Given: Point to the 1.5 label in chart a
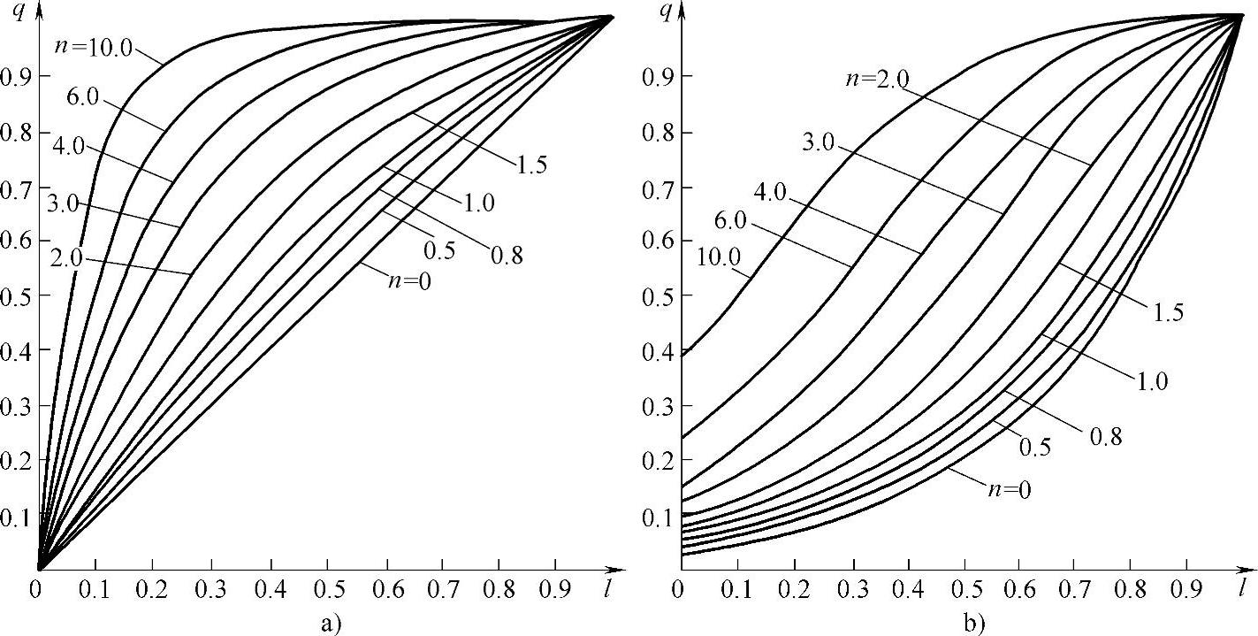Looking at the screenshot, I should tap(529, 163).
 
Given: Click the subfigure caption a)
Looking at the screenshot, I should tap(329, 625).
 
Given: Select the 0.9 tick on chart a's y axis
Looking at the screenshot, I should tap(15, 77).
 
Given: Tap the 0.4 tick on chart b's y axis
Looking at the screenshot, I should tap(655, 351).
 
